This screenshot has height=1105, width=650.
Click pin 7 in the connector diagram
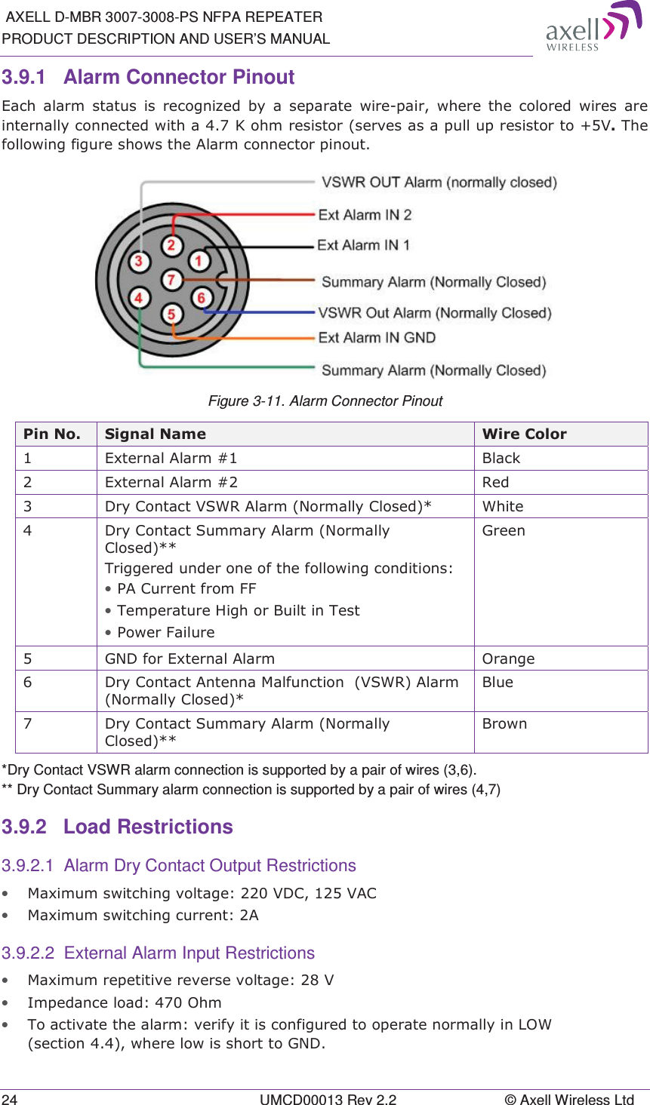pyautogui.click(x=171, y=280)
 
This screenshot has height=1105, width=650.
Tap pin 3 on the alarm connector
pyautogui.click(x=138, y=262)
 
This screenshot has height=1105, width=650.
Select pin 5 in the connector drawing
pyautogui.click(x=171, y=314)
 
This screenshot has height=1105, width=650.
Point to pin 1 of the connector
pyautogui.click(x=199, y=262)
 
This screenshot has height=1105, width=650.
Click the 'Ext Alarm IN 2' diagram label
pyautogui.click(x=365, y=215)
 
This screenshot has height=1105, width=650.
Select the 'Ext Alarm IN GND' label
pyautogui.click(x=377, y=338)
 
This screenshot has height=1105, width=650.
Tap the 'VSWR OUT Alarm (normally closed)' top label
pyautogui.click(x=439, y=183)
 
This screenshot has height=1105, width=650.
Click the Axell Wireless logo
pyautogui.click(x=593, y=27)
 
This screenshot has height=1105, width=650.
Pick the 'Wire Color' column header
pyautogui.click(x=525, y=434)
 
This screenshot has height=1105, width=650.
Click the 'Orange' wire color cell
pyautogui.click(x=508, y=658)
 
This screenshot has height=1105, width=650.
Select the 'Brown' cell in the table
pyautogui.click(x=504, y=723)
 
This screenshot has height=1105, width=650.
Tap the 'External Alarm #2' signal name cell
pyautogui.click(x=171, y=482)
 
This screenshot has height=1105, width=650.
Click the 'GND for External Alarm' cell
pyautogui.click(x=189, y=658)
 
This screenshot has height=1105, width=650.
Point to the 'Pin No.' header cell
pyautogui.click(x=52, y=434)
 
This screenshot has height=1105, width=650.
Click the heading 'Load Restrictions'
pyautogui.click(x=148, y=827)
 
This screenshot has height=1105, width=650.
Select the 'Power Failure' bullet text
pyautogui.click(x=166, y=632)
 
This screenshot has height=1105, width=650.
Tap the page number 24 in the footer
pyautogui.click(x=9, y=1099)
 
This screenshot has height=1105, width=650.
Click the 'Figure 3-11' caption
pyautogui.click(x=325, y=401)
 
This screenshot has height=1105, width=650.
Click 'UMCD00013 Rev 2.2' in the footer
pyautogui.click(x=328, y=1099)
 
